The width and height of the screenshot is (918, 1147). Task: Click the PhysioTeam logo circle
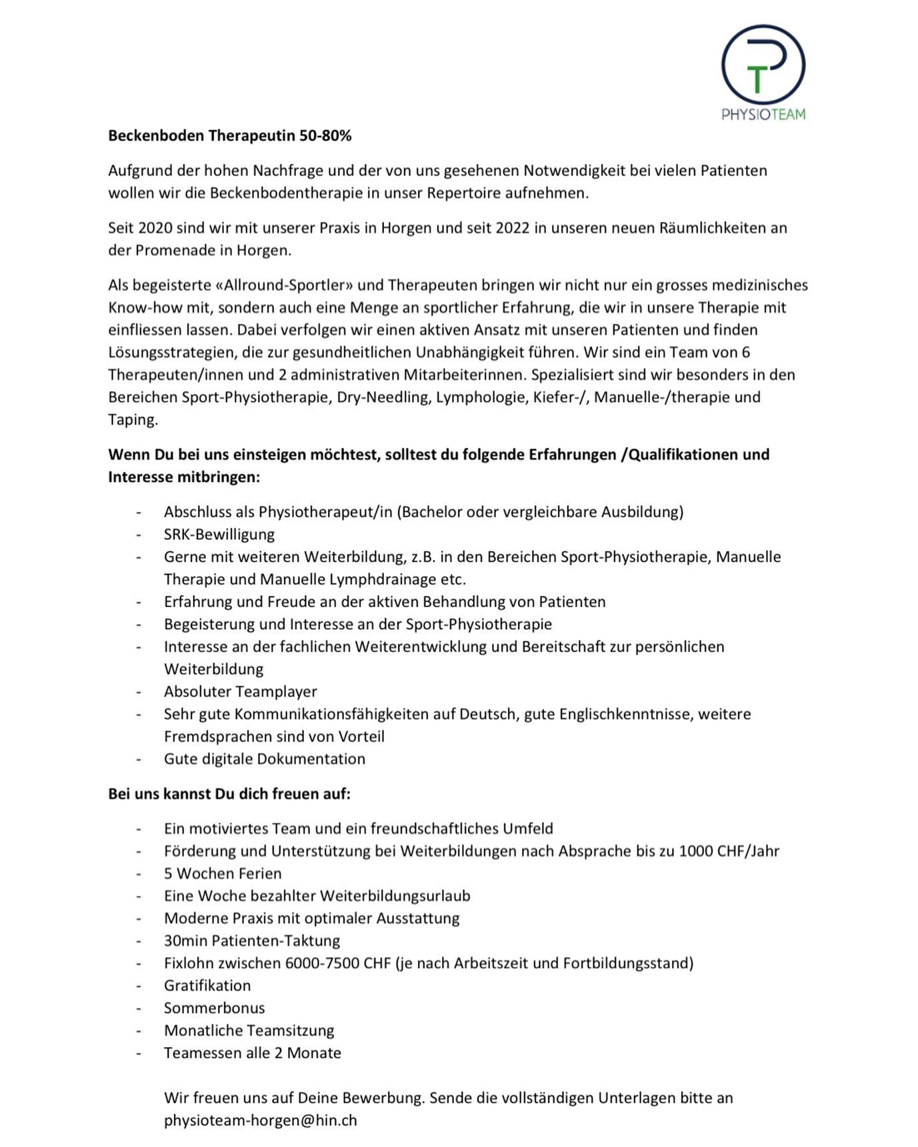click(763, 65)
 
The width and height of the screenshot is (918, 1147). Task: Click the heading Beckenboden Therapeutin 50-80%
click(229, 136)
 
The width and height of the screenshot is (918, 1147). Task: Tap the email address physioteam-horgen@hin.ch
click(260, 1120)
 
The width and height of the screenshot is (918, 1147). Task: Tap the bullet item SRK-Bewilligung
click(219, 535)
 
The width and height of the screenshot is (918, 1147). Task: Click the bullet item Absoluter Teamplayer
click(240, 692)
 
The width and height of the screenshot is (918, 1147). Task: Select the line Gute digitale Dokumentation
click(264, 759)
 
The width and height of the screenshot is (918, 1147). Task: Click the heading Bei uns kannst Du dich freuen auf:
click(229, 794)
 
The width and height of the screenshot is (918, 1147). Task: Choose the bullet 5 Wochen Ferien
click(223, 874)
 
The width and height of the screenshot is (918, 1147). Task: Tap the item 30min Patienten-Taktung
click(251, 941)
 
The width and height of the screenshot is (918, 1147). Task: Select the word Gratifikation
click(207, 986)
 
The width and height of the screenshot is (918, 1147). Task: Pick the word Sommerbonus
click(214, 1008)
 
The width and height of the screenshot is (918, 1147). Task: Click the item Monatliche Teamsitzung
click(249, 1030)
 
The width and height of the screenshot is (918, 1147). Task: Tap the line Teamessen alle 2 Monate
click(252, 1053)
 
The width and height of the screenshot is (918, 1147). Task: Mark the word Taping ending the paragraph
click(132, 420)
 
